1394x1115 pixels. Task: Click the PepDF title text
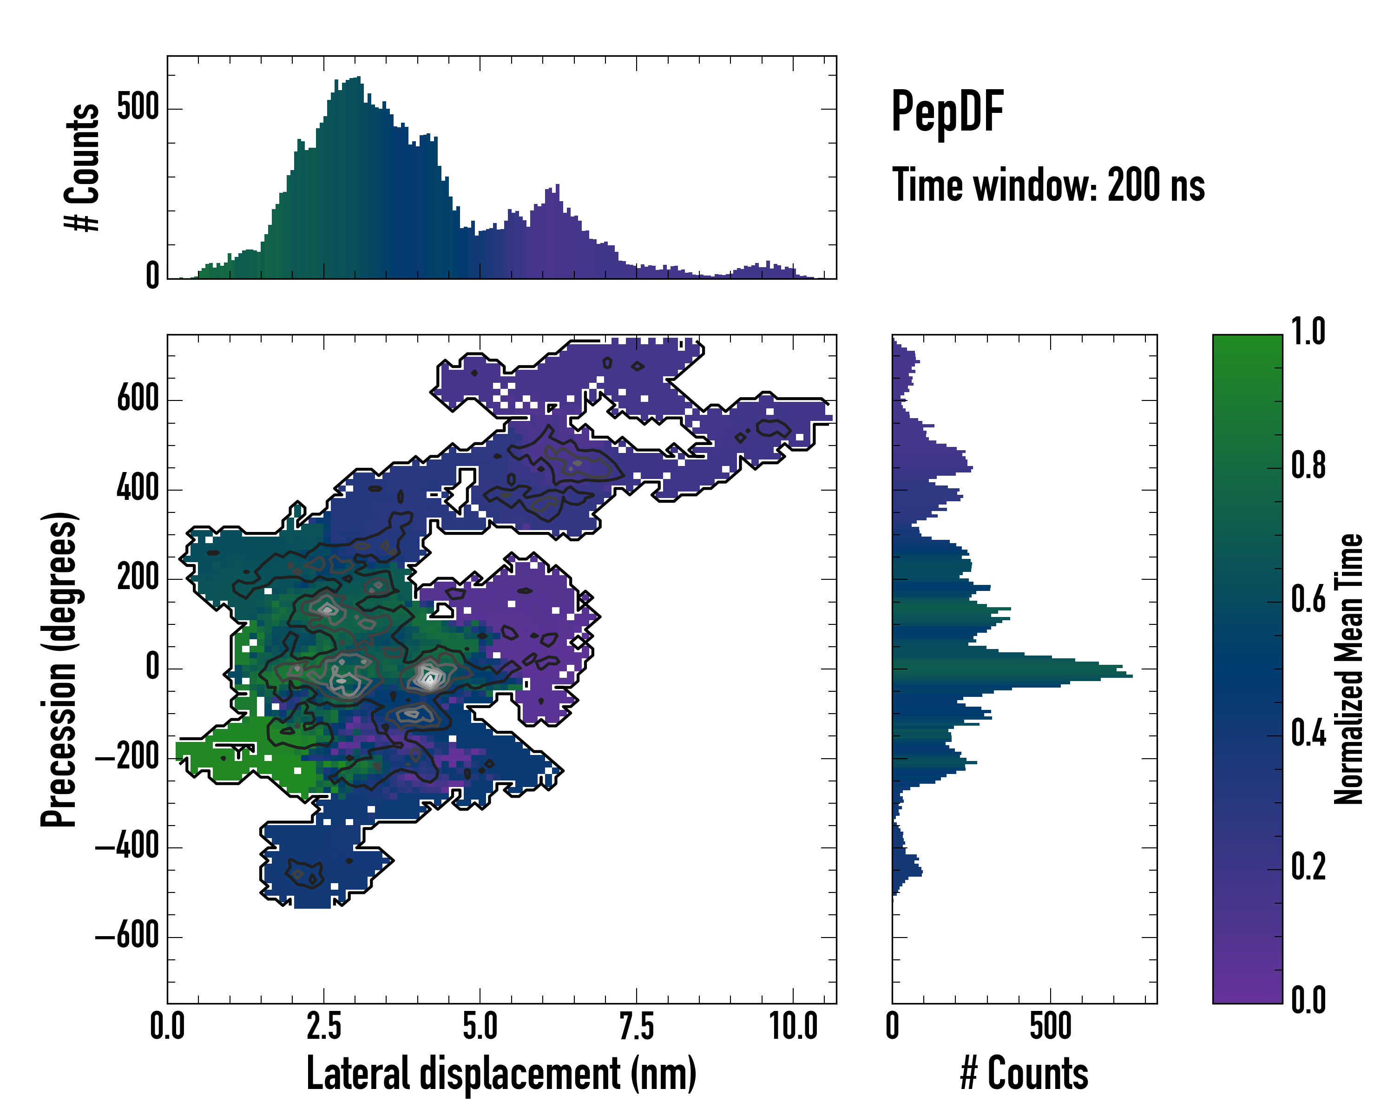947,112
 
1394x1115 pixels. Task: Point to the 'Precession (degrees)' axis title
59,669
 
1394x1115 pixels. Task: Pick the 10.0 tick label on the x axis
793,1026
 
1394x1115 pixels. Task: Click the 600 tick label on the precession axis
138,398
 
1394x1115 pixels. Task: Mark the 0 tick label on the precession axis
152,667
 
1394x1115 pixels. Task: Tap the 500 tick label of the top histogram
138,107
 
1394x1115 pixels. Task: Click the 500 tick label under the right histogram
1050,1026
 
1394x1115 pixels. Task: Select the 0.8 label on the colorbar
1308,466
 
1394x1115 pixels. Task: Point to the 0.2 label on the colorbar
1308,867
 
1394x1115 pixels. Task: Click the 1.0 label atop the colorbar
1308,332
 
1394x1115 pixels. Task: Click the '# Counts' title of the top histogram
82,167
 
